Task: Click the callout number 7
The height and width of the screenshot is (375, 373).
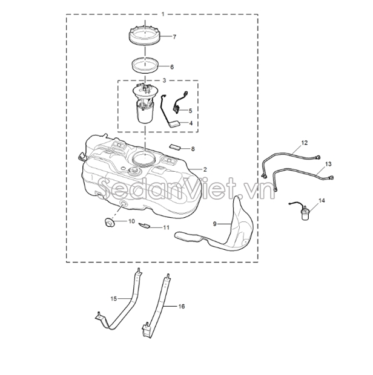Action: pos(174,37)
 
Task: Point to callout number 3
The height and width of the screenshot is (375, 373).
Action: pos(164,80)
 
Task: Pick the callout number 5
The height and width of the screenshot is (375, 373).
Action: pos(191,111)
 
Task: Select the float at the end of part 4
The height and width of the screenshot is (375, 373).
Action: pos(174,125)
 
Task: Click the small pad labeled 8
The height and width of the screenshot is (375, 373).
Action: pos(175,146)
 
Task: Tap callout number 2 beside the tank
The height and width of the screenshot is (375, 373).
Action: pos(205,169)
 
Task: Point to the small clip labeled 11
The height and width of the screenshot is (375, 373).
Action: pos(144,225)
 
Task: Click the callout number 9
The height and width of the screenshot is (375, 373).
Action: pos(215,224)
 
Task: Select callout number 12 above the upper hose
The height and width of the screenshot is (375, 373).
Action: pos(304,143)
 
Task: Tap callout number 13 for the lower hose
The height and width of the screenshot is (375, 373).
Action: pos(328,164)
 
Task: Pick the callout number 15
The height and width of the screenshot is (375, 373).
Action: pos(114,299)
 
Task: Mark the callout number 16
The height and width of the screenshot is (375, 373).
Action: pos(182,307)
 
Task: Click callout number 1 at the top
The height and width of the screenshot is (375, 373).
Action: pos(163,15)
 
